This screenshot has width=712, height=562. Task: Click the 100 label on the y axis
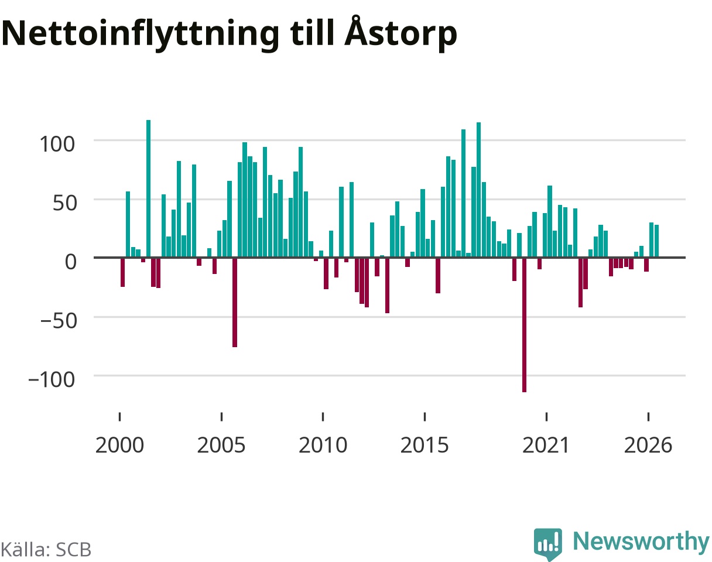pyautogui.click(x=57, y=144)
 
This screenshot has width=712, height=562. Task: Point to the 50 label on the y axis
pyautogui.click(x=65, y=203)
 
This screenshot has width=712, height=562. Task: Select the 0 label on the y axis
pyautogui.click(x=70, y=262)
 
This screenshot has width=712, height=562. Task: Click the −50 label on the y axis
pyautogui.click(x=59, y=321)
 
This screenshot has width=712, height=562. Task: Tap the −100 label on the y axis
pyautogui.click(x=52, y=379)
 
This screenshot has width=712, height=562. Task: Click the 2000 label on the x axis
pyautogui.click(x=120, y=446)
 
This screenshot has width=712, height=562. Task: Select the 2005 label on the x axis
pyautogui.click(x=221, y=446)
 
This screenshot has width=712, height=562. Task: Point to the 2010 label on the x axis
pyautogui.click(x=323, y=446)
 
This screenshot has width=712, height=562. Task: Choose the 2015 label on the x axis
pyautogui.click(x=425, y=446)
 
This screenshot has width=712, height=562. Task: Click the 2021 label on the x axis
pyautogui.click(x=546, y=446)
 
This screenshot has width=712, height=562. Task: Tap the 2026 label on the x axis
pyautogui.click(x=648, y=446)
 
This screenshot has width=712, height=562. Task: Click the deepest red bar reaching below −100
pyautogui.click(x=525, y=325)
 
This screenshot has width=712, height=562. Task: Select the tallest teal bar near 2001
pyautogui.click(x=148, y=189)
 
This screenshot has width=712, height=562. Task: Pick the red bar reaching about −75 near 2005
pyautogui.click(x=235, y=302)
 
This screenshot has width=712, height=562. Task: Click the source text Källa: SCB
pyautogui.click(x=46, y=550)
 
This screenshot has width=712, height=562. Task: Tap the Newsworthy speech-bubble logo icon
pyautogui.click(x=548, y=544)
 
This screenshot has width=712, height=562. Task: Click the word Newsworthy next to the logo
pyautogui.click(x=642, y=542)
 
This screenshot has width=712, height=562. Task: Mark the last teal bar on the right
pyautogui.click(x=656, y=241)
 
